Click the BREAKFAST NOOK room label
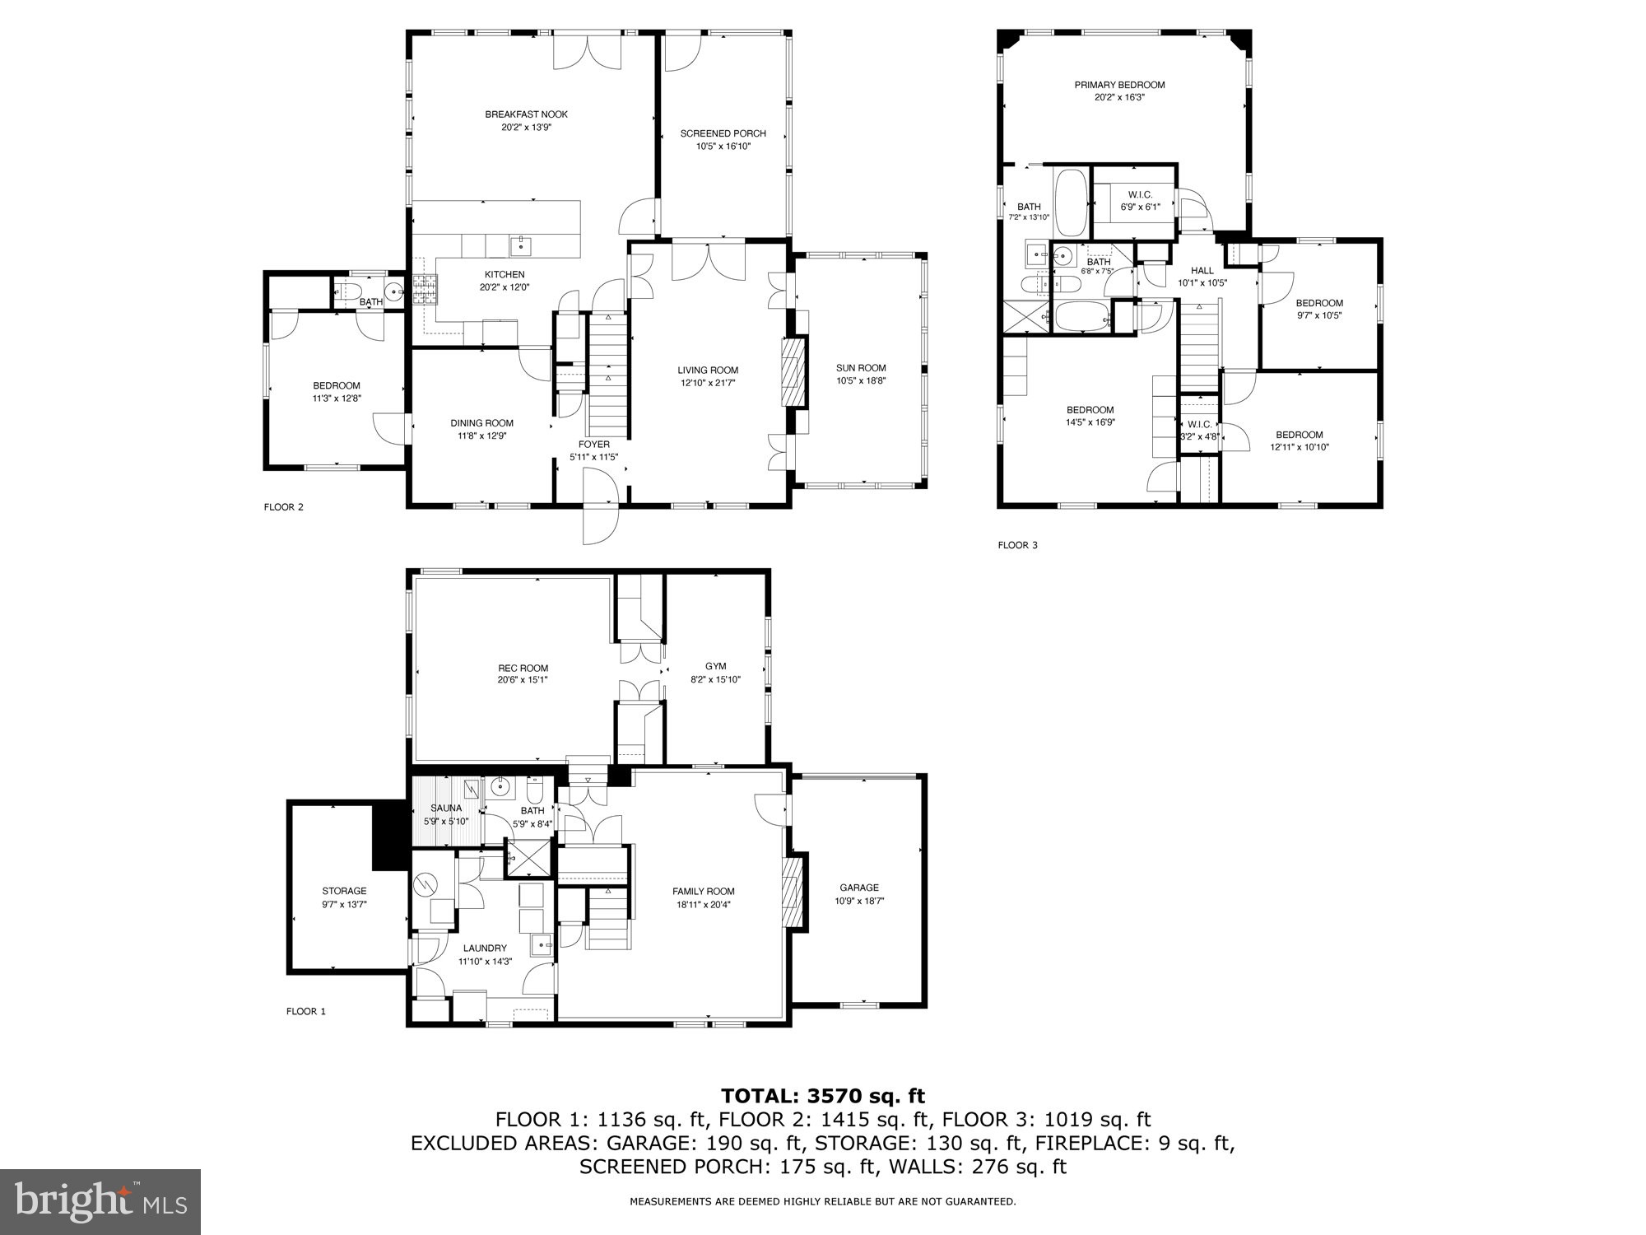526,114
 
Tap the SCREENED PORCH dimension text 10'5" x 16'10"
723,147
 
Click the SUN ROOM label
861,368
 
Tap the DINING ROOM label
481,423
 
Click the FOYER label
593,445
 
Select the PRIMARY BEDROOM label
1119,85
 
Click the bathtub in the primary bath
1071,202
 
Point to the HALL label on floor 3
1202,270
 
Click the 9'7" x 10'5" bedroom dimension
1319,315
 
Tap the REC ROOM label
523,669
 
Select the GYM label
715,666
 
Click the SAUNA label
446,808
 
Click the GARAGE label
859,888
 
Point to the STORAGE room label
344,891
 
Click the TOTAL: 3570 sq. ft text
822,1096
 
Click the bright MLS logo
100,1201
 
